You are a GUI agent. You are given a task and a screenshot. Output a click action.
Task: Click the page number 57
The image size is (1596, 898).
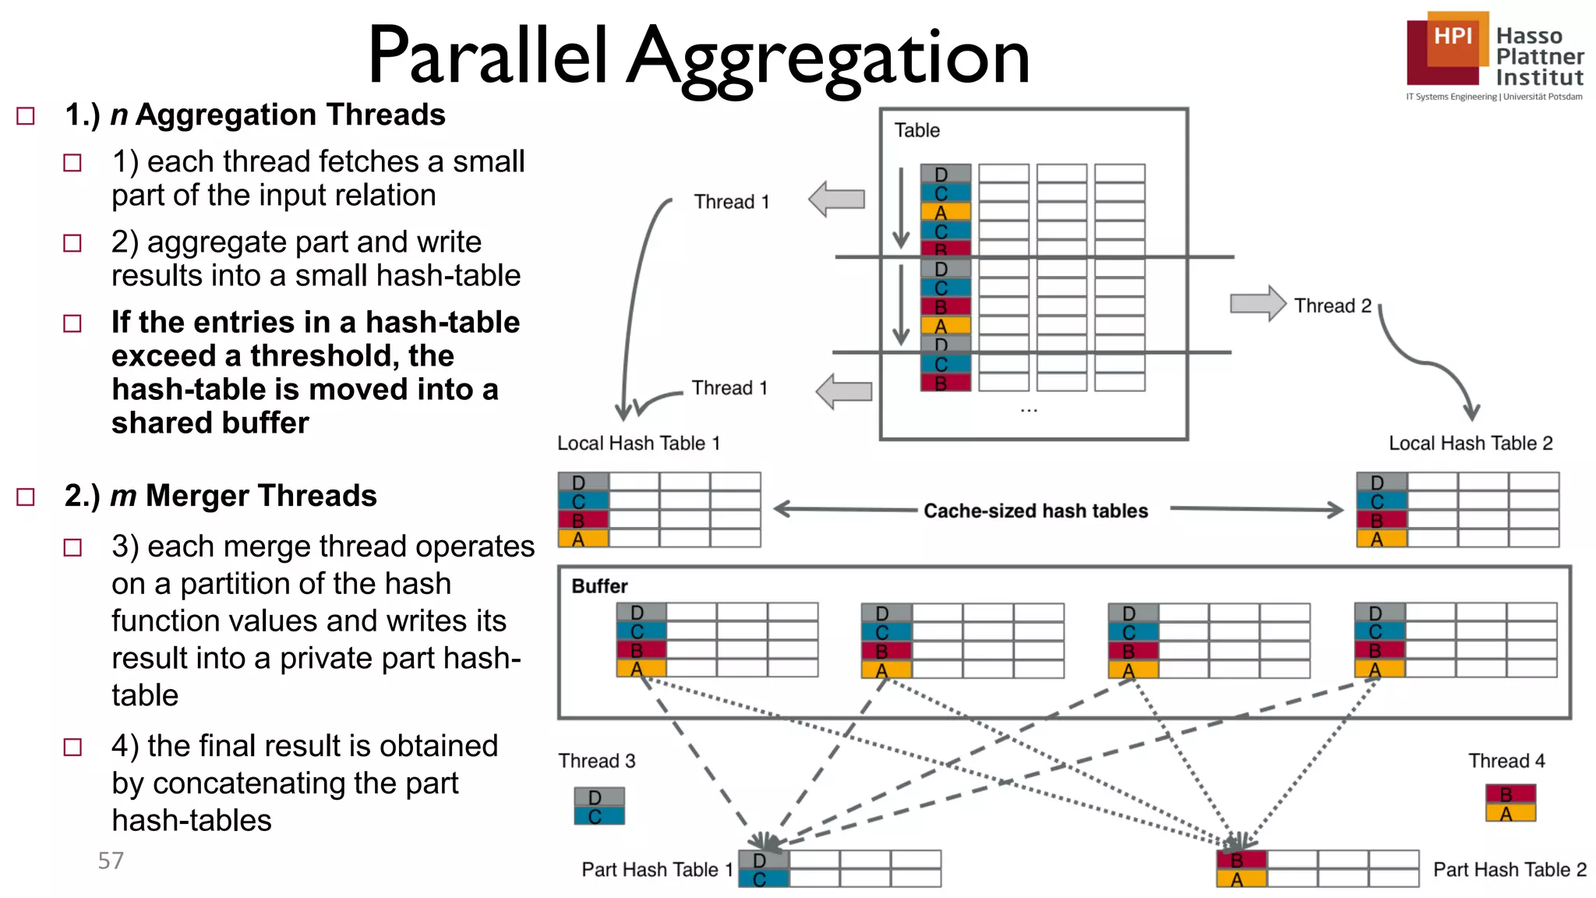[111, 861]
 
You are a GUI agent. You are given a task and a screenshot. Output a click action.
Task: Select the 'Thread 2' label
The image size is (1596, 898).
[1333, 306]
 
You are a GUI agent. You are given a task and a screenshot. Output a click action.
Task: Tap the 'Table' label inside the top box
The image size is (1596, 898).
[916, 130]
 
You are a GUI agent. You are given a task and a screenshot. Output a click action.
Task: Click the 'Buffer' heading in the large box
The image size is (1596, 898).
[599, 586]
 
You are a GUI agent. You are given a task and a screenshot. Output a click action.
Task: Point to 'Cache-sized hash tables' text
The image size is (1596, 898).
[1036, 511]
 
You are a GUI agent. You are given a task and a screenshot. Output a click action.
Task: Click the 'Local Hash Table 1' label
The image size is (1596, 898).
[638, 444]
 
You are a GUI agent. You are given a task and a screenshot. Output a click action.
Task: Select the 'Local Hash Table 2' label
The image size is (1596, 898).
[1471, 444]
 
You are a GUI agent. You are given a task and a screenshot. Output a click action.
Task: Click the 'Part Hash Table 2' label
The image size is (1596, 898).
[1509, 869]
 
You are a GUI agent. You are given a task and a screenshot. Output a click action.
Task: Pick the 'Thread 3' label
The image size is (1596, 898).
[597, 761]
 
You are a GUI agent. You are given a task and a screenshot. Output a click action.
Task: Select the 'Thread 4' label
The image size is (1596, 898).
[1506, 761]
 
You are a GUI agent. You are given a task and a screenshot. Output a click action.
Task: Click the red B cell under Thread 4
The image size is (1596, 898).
[1510, 794]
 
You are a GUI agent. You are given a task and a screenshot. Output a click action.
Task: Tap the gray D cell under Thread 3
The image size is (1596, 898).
[599, 797]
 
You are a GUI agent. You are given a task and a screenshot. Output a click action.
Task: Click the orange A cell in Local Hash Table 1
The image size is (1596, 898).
[583, 539]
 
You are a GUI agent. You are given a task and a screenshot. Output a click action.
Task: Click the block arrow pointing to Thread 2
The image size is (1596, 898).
[1257, 303]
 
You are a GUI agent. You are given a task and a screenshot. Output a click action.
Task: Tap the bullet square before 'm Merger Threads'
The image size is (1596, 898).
[26, 497]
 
